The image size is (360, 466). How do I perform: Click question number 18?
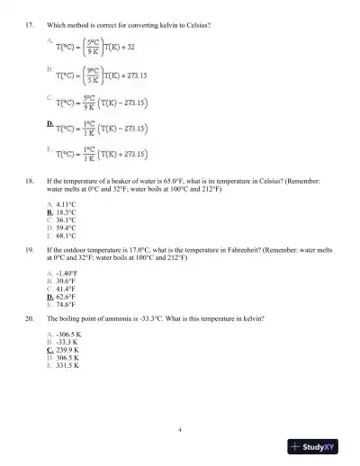click(x=31, y=180)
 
